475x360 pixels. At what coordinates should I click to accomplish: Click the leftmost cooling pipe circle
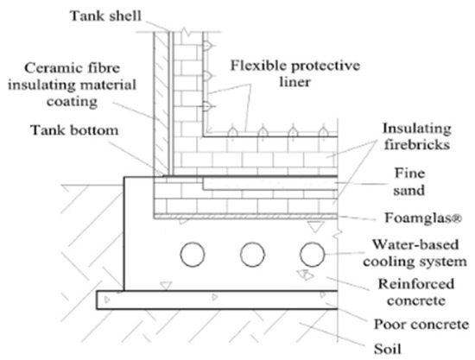pos(192,254)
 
